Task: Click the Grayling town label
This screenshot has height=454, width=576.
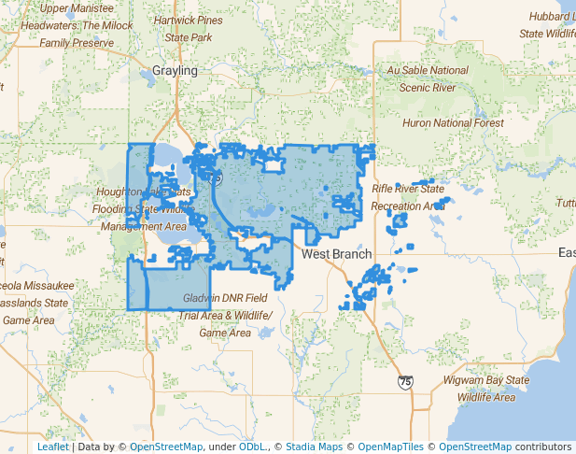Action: pos(175,71)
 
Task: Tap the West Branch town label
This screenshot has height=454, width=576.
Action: pos(337,254)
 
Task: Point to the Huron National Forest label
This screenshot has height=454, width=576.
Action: pos(453,122)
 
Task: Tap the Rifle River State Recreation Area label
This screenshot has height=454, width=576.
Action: pos(408,196)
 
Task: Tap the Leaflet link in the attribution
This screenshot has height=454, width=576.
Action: pos(52,447)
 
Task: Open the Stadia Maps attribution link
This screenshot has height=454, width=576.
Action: pos(316,447)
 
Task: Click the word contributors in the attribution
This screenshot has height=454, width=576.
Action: pos(543,447)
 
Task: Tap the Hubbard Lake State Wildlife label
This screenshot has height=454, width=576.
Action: pos(550,24)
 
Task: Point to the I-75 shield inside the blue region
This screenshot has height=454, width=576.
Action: pos(216,177)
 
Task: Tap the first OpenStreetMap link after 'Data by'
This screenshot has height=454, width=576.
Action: pos(165,447)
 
